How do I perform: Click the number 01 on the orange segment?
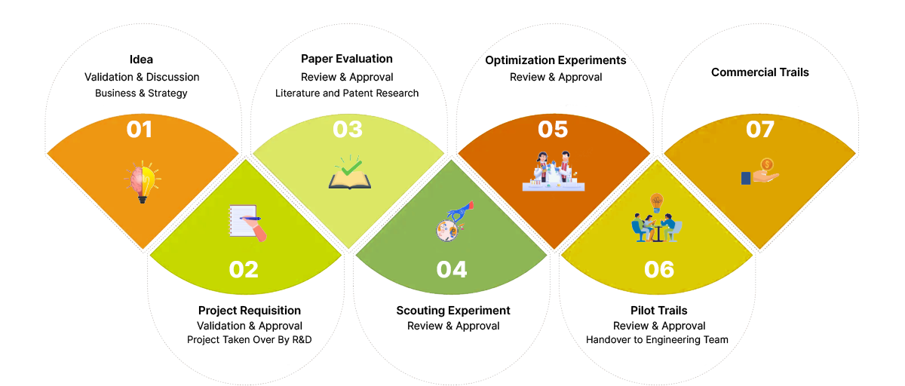point(140,130)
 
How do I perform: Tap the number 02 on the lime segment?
point(244,269)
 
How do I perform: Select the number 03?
point(348,130)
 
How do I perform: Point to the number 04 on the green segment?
point(452,269)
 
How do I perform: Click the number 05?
point(553,130)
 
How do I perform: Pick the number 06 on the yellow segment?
point(659,269)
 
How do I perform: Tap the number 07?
point(760,130)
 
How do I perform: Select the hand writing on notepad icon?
point(247,222)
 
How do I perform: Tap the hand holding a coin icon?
point(759,173)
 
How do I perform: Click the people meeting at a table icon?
point(655,220)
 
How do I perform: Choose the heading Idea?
point(141,60)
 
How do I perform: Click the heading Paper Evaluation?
point(347,59)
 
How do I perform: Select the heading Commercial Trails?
point(759,72)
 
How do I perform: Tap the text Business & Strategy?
point(141,93)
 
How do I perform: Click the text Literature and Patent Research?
point(347,93)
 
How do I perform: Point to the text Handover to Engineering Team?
point(658,340)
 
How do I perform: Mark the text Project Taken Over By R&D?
point(250,340)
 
